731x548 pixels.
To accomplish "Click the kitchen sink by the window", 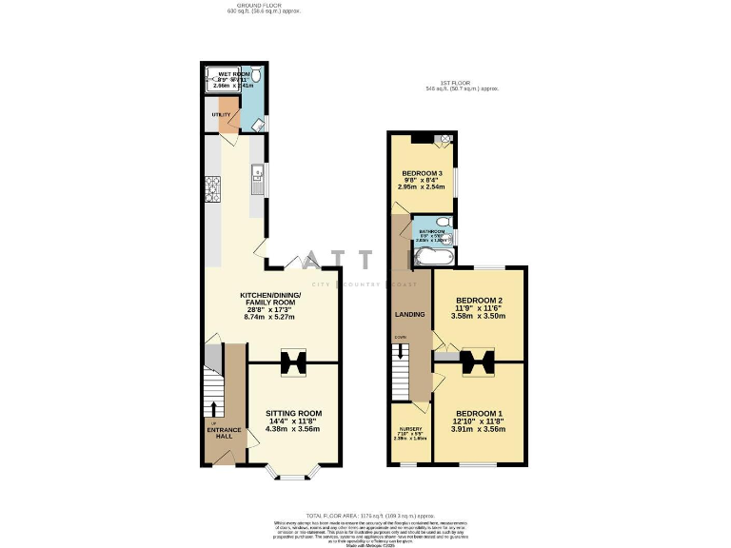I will pyautogui.click(x=256, y=174).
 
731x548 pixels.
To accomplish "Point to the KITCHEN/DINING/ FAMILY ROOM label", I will pyautogui.click(x=269, y=301).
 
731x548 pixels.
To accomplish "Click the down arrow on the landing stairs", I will pyautogui.click(x=401, y=352).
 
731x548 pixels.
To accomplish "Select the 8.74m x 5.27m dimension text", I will pyautogui.click(x=269, y=316).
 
